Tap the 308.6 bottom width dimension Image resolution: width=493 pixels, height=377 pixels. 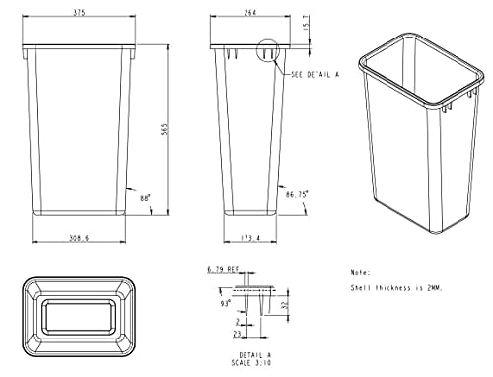click(x=80, y=238)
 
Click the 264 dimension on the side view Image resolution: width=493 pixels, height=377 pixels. click(x=252, y=13)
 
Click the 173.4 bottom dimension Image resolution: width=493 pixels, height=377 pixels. click(x=250, y=238)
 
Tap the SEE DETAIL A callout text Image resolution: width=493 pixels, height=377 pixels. click(x=314, y=74)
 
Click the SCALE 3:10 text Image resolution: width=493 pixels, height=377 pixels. click(x=253, y=364)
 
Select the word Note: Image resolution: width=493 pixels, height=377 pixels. click(x=360, y=271)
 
